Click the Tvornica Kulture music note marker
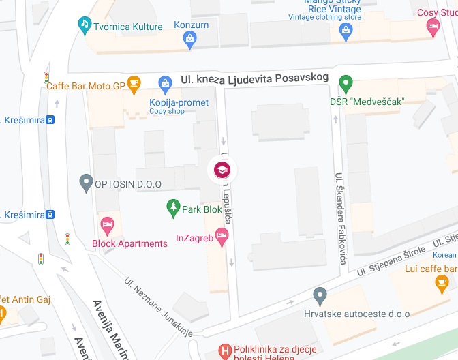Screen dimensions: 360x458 85,25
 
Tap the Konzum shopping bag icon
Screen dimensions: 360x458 190,40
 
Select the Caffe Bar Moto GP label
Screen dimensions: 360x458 85,86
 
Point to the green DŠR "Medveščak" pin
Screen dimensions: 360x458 346,85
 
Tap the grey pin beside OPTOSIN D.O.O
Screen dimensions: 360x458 86,182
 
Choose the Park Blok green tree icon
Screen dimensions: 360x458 173,207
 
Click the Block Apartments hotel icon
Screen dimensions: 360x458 106,224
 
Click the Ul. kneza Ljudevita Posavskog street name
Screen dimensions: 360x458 254,79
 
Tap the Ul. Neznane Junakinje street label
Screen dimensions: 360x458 158,306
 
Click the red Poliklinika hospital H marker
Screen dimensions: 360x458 224,351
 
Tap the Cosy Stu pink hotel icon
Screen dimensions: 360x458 432,27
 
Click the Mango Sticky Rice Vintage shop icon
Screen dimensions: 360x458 346,30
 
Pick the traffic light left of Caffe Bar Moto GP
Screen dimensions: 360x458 46,77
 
